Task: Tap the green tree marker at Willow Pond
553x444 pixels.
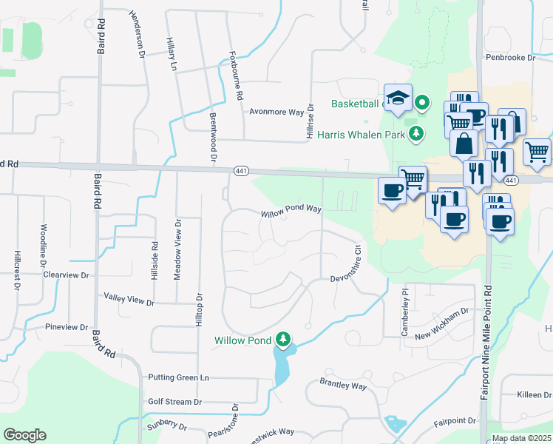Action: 282,339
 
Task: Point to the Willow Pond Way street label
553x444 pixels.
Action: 291,212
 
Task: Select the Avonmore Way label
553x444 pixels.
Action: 276,112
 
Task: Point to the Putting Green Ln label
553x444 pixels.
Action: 178,377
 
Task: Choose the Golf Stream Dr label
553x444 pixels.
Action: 174,402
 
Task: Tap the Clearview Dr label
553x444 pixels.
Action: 66,275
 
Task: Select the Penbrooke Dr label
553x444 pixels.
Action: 509,57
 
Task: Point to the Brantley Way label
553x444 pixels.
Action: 343,384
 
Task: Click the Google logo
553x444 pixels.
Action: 24,435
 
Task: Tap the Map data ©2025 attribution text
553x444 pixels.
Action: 521,438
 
